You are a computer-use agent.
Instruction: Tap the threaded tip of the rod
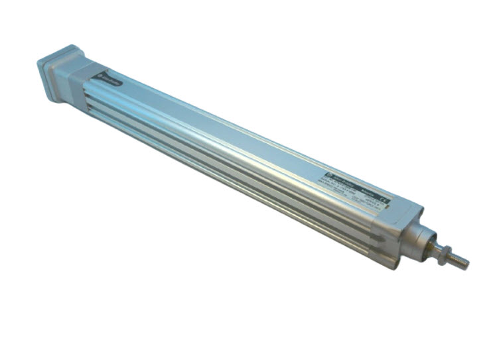tap(460, 262)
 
